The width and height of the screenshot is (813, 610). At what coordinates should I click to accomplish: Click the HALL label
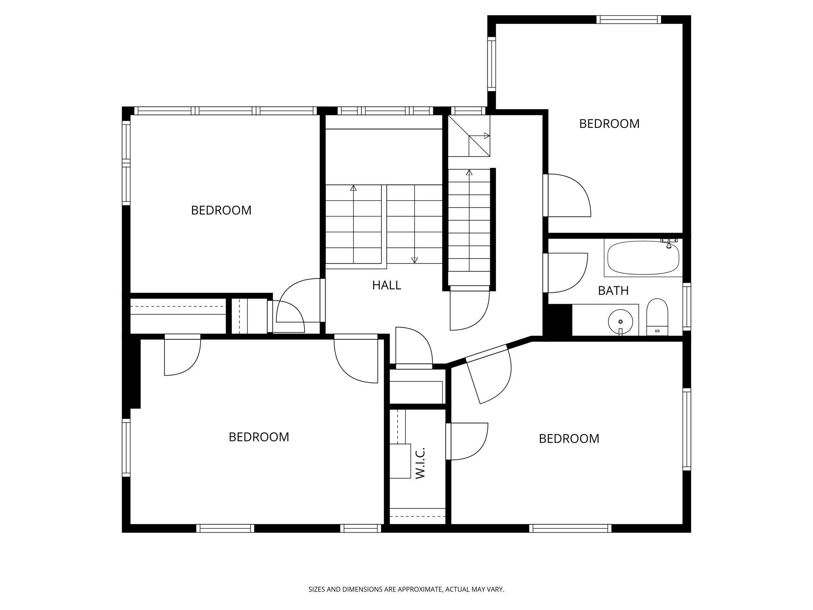pyautogui.click(x=386, y=285)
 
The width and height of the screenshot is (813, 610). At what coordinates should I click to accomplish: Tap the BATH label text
pyautogui.click(x=613, y=291)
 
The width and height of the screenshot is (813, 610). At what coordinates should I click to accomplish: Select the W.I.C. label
pyautogui.click(x=420, y=463)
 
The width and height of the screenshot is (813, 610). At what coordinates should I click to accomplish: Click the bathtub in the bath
pyautogui.click(x=643, y=258)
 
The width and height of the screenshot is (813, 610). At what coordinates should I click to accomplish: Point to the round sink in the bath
pyautogui.click(x=620, y=321)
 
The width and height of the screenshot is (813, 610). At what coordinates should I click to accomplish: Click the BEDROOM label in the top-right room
pyautogui.click(x=609, y=124)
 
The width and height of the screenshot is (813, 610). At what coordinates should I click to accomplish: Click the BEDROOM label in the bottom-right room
pyautogui.click(x=569, y=439)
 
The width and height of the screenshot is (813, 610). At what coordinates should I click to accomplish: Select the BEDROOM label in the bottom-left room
pyautogui.click(x=259, y=437)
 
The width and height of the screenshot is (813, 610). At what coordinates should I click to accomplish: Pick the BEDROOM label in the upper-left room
pyautogui.click(x=221, y=210)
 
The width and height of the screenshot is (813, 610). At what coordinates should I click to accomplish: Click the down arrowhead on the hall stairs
pyautogui.click(x=414, y=260)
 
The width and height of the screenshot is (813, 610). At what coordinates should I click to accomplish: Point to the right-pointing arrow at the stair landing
pyautogui.click(x=486, y=136)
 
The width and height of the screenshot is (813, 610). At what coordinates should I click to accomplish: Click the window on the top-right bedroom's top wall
pyautogui.click(x=629, y=20)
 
